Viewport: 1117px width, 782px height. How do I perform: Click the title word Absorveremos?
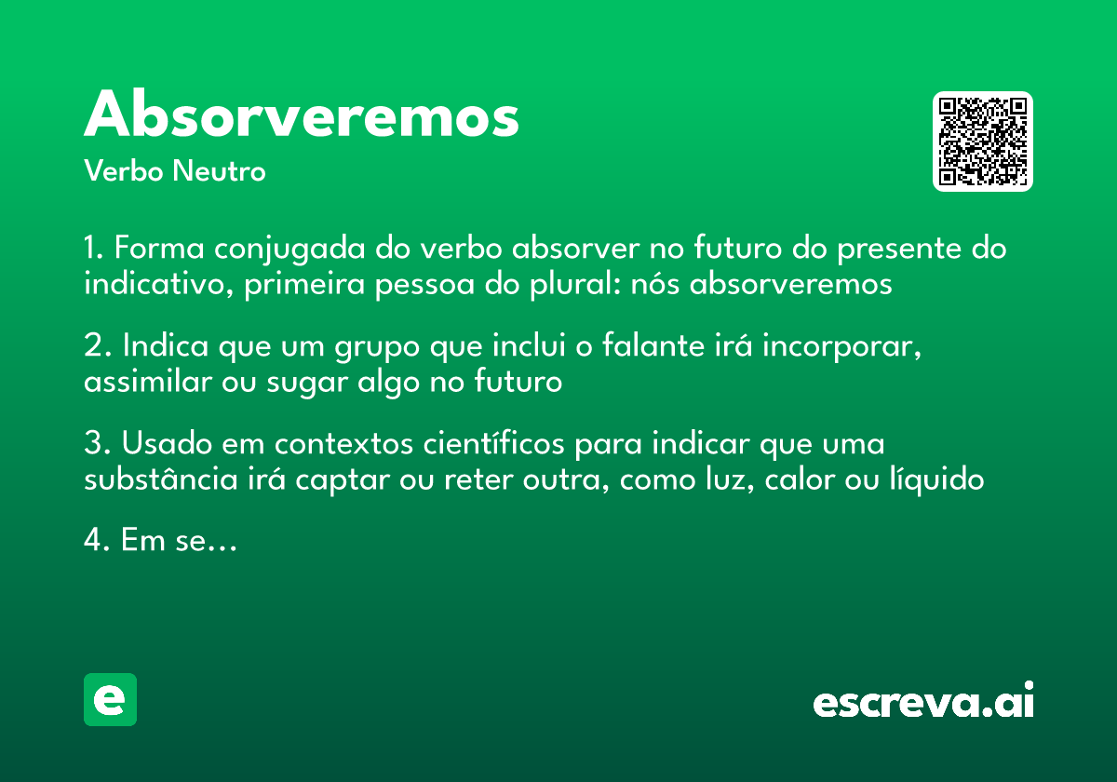(302, 116)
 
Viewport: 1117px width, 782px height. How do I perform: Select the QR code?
(983, 142)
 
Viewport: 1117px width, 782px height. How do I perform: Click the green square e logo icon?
(110, 699)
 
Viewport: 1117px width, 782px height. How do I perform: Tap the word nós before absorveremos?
(655, 284)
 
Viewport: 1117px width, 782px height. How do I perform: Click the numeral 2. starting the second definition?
(98, 346)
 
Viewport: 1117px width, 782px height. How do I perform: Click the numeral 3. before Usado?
(98, 445)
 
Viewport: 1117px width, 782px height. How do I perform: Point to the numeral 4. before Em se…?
(98, 541)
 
